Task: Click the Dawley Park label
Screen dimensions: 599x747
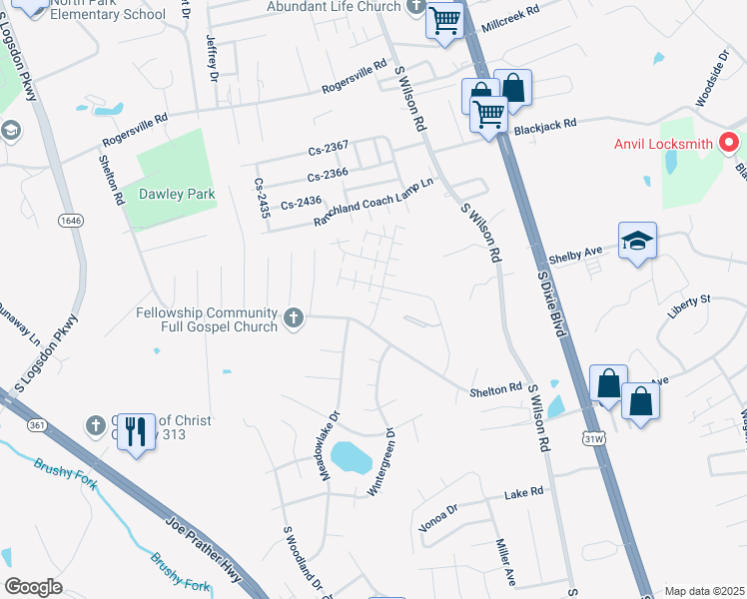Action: pyautogui.click(x=177, y=194)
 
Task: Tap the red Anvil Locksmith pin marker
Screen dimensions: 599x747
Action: pyautogui.click(x=729, y=143)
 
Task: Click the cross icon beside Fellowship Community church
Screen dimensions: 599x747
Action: pyautogui.click(x=294, y=317)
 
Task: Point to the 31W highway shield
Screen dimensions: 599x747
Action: pyautogui.click(x=590, y=438)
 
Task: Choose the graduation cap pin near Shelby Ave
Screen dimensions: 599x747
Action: pyautogui.click(x=637, y=241)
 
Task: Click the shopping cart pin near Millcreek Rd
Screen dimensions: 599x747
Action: pyautogui.click(x=444, y=19)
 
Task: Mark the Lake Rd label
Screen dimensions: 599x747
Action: pyautogui.click(x=522, y=493)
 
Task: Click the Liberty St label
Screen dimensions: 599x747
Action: pyautogui.click(x=689, y=299)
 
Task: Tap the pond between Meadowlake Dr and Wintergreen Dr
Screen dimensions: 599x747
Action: pyautogui.click(x=351, y=457)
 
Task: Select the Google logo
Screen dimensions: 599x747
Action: pyautogui.click(x=34, y=587)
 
